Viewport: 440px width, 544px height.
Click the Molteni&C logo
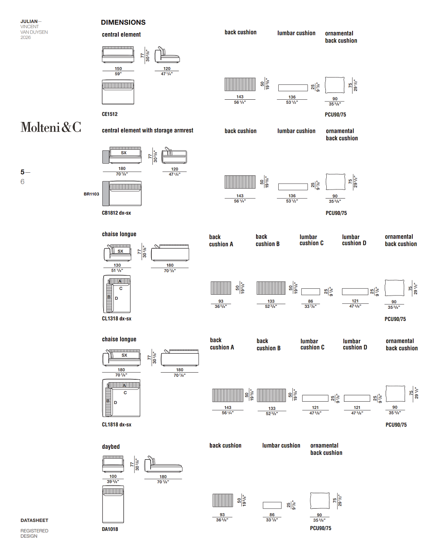[51, 127]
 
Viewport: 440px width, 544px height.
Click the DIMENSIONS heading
[123, 23]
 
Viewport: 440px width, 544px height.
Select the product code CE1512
[110, 114]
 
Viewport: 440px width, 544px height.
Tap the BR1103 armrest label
[92, 194]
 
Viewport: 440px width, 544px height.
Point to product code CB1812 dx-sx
[116, 213]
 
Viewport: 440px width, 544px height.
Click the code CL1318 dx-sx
[116, 319]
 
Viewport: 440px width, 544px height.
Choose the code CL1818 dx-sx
[116, 424]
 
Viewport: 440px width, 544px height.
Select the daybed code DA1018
[110, 529]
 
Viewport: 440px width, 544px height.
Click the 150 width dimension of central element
[118, 68]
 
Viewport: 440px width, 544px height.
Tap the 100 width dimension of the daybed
[113, 476]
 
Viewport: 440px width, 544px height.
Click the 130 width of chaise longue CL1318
[117, 265]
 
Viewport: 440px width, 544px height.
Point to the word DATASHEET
[34, 520]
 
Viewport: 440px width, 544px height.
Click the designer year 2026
[25, 37]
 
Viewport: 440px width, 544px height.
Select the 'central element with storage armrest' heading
[148, 131]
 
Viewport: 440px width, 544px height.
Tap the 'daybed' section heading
[111, 447]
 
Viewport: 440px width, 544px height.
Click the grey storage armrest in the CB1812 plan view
[106, 194]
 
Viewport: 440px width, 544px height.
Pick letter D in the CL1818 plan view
[116, 403]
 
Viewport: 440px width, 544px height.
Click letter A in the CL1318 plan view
[120, 282]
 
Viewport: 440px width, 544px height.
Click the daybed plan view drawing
[113, 504]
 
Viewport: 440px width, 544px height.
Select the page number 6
[23, 182]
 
